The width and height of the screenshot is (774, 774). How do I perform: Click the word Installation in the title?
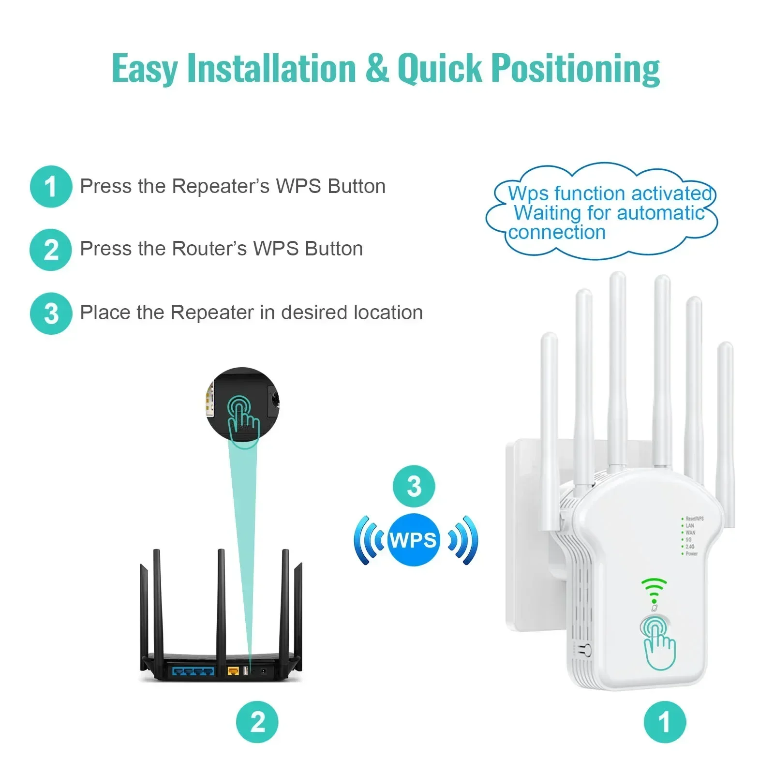point(271,68)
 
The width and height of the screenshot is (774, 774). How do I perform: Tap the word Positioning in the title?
point(575,68)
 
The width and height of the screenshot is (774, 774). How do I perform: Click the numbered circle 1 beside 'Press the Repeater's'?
point(51,187)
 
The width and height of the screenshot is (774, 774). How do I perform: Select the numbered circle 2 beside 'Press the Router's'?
point(51,250)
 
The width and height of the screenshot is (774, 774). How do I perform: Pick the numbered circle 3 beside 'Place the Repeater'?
point(51,313)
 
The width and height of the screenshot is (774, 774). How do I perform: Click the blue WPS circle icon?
point(414,540)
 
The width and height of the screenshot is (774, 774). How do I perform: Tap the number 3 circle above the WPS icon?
point(414,486)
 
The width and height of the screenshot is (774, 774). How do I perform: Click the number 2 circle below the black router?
point(257,722)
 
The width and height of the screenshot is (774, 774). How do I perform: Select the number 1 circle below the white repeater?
point(665,722)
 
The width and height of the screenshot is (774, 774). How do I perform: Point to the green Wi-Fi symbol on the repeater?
point(654,589)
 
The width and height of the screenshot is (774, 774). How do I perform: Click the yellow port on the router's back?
point(233,671)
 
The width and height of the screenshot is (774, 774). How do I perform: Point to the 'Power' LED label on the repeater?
point(692,553)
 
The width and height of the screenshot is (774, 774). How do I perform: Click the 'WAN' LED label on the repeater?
point(690,533)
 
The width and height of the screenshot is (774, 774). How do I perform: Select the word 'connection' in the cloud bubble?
point(557,233)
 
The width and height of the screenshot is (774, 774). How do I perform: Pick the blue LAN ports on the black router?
point(193,671)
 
